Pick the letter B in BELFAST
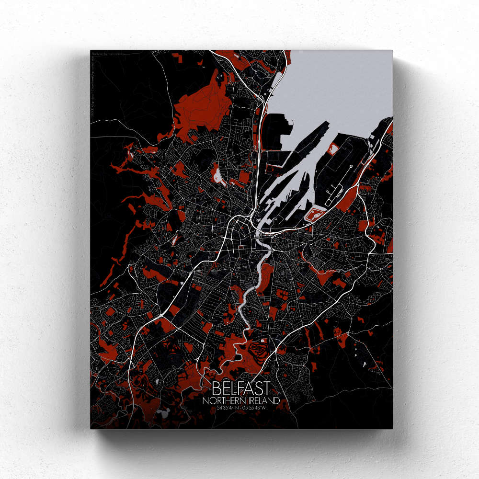[x=215, y=388]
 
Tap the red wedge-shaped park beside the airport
[x=352, y=196]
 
